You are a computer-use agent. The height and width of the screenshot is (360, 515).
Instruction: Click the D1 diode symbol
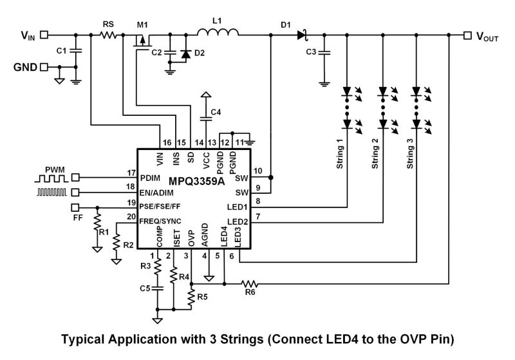(302, 35)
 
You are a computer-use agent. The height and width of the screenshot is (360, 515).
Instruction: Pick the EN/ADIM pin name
(158, 191)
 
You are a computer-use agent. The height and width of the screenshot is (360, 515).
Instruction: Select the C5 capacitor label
(146, 287)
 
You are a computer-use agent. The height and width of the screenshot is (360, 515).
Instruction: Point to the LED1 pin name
(238, 207)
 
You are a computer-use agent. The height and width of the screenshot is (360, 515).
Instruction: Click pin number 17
(132, 172)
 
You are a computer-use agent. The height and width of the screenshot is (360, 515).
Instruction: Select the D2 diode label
(200, 52)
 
